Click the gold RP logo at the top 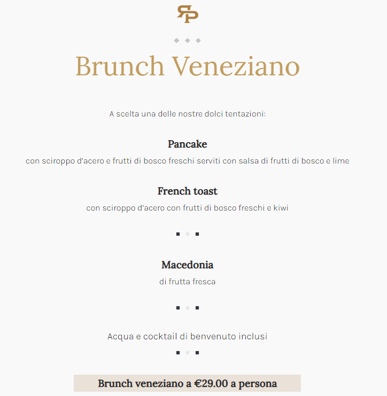pos(188,14)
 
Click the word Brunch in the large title pos(120,66)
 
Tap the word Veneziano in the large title pos(236,66)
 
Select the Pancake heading pos(187,144)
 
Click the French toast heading pos(187,191)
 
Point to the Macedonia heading pos(187,265)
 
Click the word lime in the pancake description pos(341,161)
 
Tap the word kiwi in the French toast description pos(281,208)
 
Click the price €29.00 pos(211,384)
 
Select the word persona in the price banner pos(258,384)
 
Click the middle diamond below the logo pos(187,41)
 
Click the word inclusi pos(252,337)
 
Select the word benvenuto pos(211,337)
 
